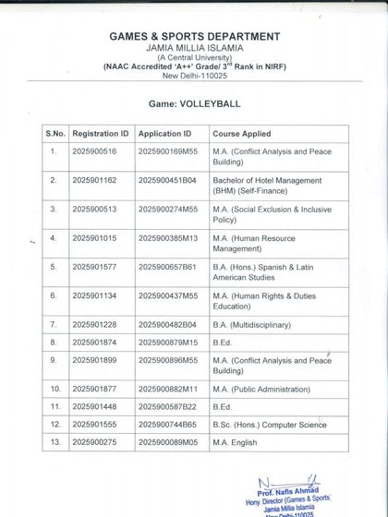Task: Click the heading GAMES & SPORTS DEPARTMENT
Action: click(x=194, y=36)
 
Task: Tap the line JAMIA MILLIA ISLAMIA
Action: click(x=194, y=47)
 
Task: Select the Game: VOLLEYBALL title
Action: click(x=194, y=106)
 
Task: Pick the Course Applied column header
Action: click(x=242, y=134)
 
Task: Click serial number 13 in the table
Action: click(x=55, y=443)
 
